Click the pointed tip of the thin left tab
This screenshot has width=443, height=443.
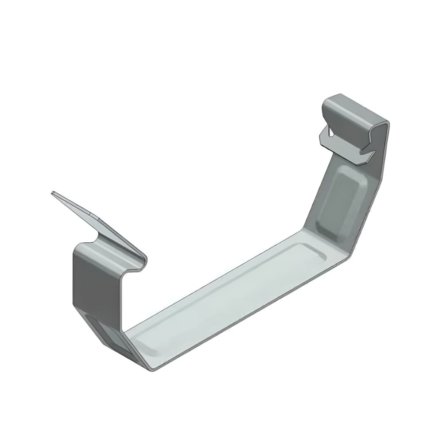[x=53, y=193]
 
